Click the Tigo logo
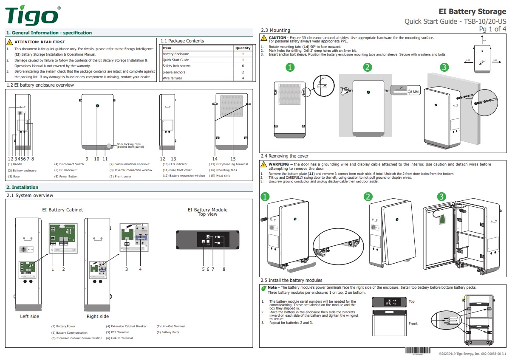[32, 16]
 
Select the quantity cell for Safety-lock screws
[243, 66]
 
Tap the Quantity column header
[243, 48]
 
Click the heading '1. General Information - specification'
[49, 33]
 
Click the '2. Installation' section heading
[22, 187]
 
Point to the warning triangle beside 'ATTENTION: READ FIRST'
[10, 42]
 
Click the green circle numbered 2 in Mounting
[368, 67]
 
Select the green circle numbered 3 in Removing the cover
[441, 197]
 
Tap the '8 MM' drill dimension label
[414, 92]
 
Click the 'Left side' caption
[29, 316]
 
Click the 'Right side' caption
[98, 316]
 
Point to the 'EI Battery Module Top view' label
[207, 212]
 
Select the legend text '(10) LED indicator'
[175, 164]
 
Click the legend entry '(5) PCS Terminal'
[117, 332]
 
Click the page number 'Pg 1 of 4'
[492, 29]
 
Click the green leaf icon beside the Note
[264, 288]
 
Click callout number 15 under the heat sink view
[233, 159]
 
